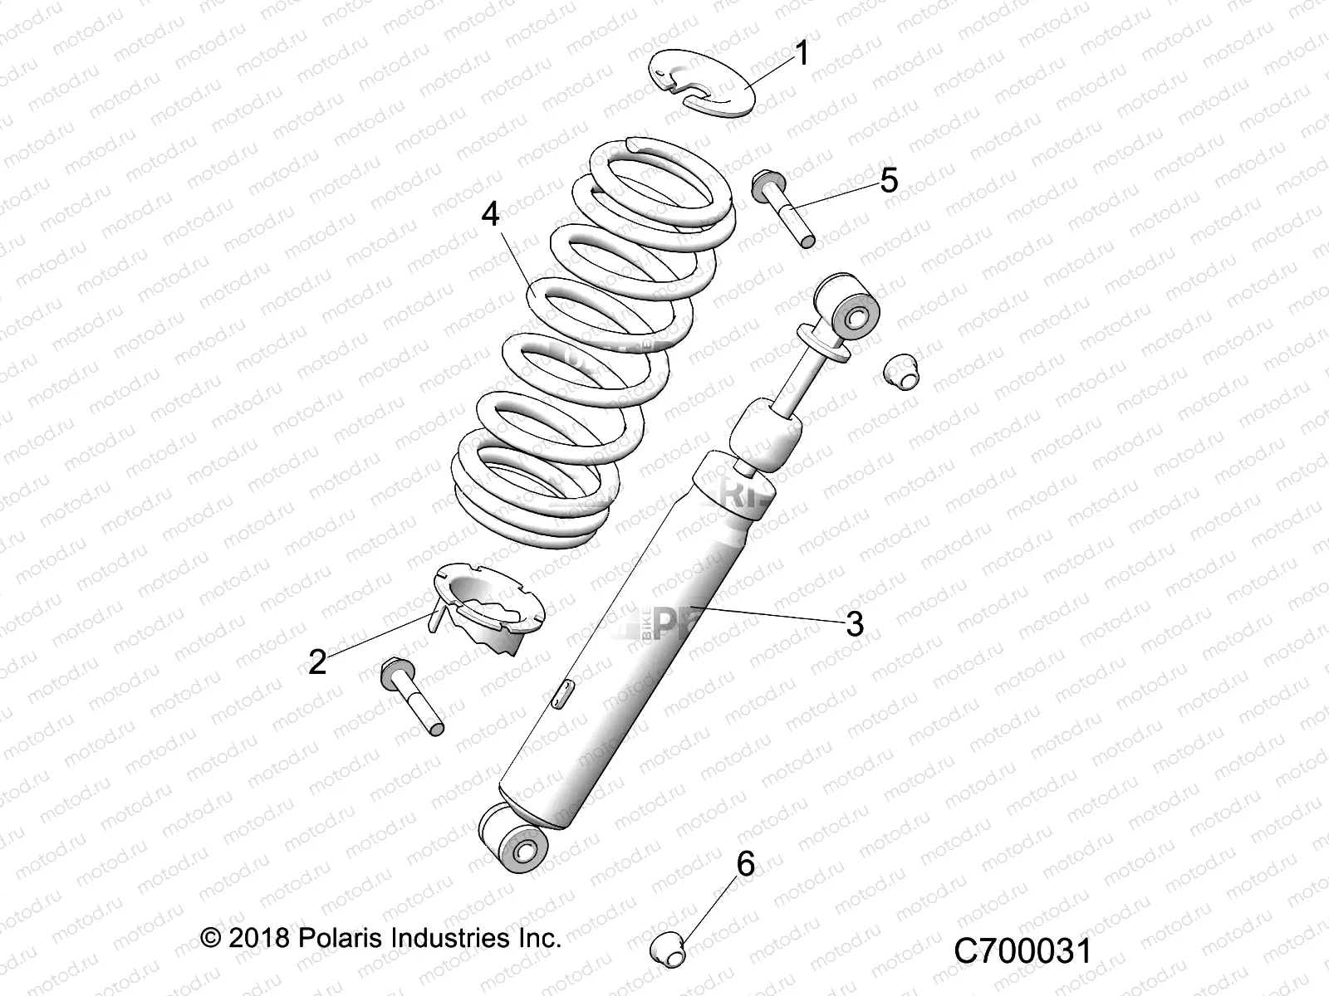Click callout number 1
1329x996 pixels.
click(802, 54)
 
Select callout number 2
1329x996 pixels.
click(317, 662)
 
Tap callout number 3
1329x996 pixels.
click(855, 623)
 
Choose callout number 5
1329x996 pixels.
click(889, 180)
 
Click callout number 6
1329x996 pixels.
click(746, 864)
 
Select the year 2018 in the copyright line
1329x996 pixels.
click(258, 938)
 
